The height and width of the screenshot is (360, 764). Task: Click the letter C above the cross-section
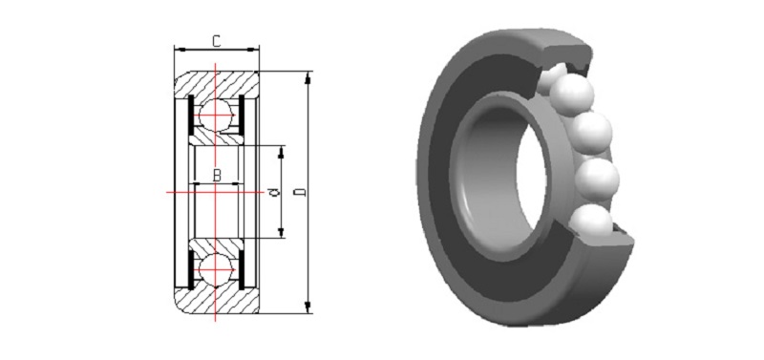pyautogui.click(x=217, y=41)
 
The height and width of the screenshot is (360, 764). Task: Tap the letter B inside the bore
pyautogui.click(x=217, y=175)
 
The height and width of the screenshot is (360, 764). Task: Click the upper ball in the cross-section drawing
pyautogui.click(x=215, y=115)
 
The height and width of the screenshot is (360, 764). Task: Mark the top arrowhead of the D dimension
pyautogui.click(x=308, y=78)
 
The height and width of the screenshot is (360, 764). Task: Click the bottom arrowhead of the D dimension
pyautogui.click(x=308, y=307)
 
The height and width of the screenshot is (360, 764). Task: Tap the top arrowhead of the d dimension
pyautogui.click(x=281, y=152)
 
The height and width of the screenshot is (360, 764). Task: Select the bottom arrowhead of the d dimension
pyautogui.click(x=281, y=231)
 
